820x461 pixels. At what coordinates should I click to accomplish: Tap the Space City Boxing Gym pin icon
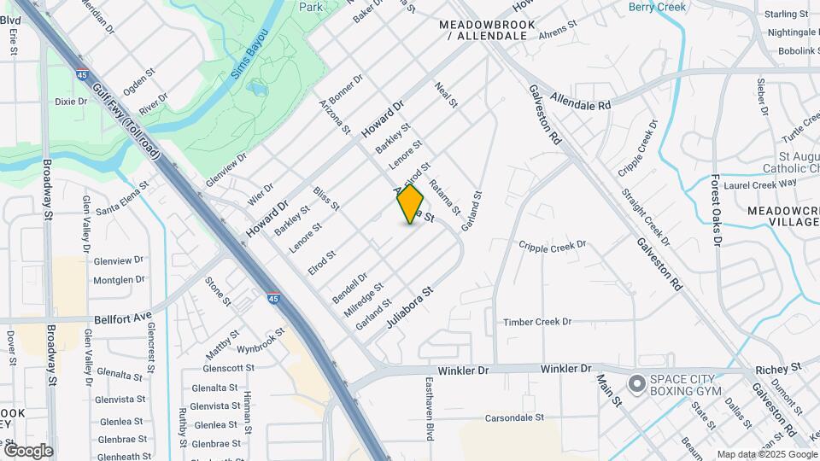636,384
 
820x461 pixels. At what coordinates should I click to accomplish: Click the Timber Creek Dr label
536,322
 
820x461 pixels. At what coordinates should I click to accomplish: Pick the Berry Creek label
657,8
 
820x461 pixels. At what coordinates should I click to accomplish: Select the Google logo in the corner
28,450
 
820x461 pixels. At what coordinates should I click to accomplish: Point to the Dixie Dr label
72,101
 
